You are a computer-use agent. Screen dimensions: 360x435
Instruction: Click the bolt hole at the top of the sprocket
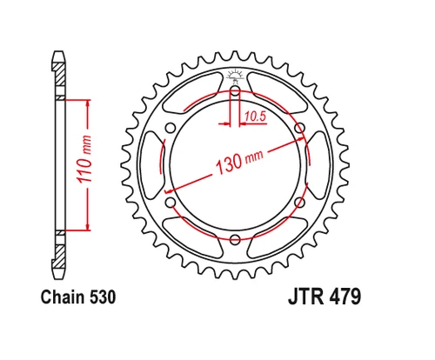pyautogui.click(x=236, y=90)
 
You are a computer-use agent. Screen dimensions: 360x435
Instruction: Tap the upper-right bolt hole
pyautogui.click(x=300, y=128)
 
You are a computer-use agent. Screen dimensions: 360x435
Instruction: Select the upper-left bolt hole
pyautogui.click(x=171, y=128)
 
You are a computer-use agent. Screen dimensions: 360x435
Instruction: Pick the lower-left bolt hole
pyautogui.click(x=171, y=202)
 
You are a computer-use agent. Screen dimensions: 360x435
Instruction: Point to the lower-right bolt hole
pyautogui.click(x=300, y=202)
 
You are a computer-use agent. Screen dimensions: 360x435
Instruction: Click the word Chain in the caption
pyautogui.click(x=60, y=297)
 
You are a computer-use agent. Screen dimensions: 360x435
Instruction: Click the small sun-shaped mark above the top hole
pyautogui.click(x=236, y=76)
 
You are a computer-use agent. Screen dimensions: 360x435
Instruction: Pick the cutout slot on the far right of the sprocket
pyautogui.click(x=319, y=165)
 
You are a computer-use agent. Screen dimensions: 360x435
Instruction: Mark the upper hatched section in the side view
pyautogui.click(x=61, y=83)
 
